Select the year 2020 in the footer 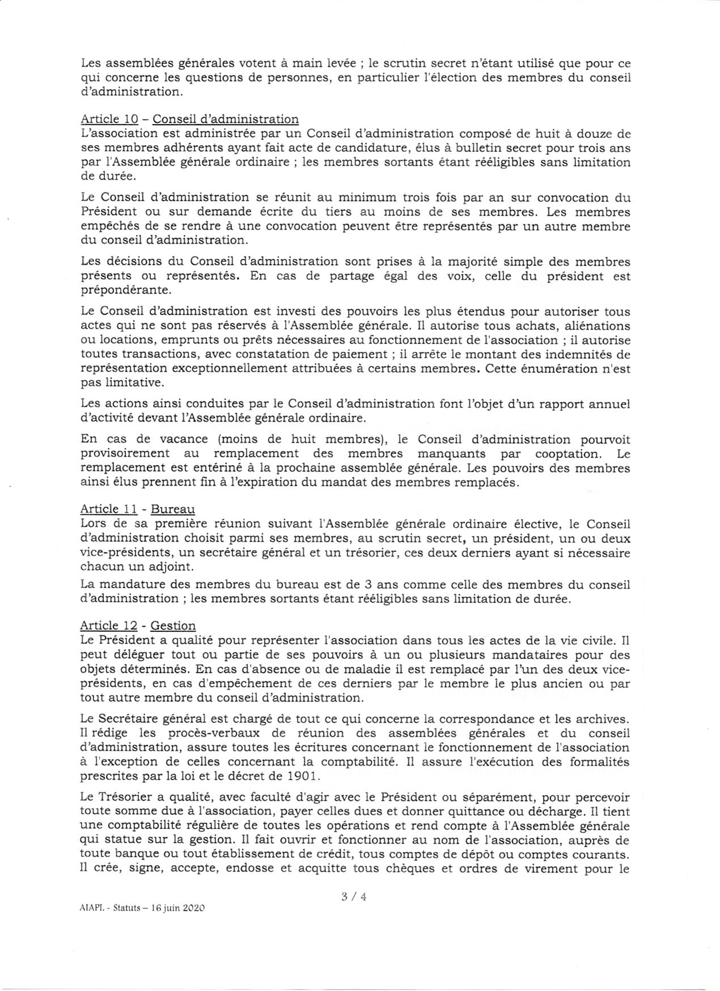[192, 908]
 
